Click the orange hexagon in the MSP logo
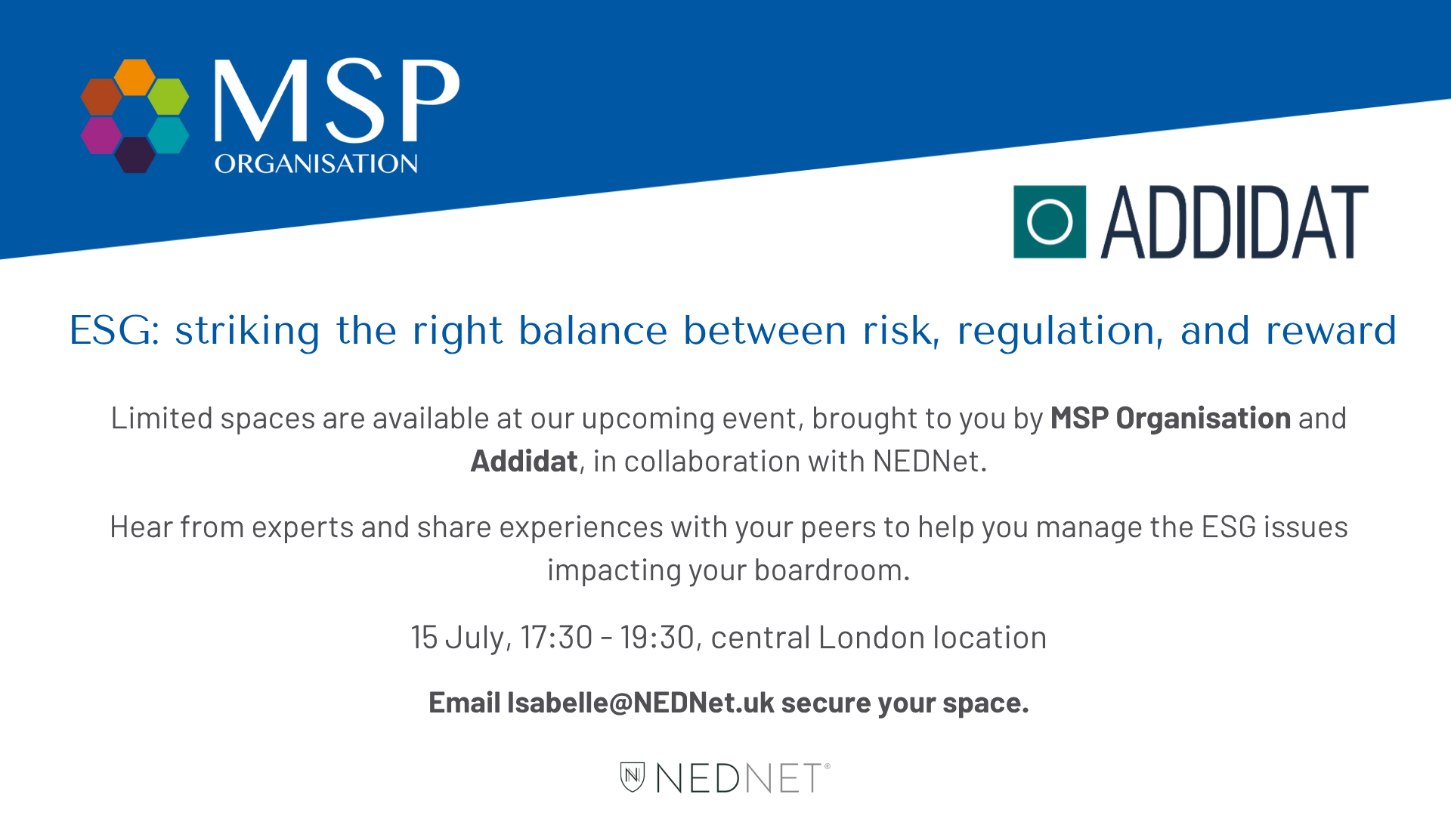pyautogui.click(x=135, y=76)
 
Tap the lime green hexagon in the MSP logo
pyautogui.click(x=169, y=97)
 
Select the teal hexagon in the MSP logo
pyautogui.click(x=169, y=135)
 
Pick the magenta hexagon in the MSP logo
pyautogui.click(x=101, y=135)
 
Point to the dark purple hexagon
pyautogui.click(x=135, y=155)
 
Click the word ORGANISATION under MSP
pyautogui.click(x=316, y=164)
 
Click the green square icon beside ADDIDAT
pyautogui.click(x=1050, y=222)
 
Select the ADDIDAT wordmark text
pyautogui.click(x=1235, y=222)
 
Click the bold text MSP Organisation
pyautogui.click(x=1171, y=419)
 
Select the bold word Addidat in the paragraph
pyautogui.click(x=524, y=462)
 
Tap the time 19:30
pyautogui.click(x=657, y=638)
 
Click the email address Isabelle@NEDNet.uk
pyautogui.click(x=640, y=703)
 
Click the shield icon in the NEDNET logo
pyautogui.click(x=633, y=777)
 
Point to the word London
pyautogui.click(x=872, y=638)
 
